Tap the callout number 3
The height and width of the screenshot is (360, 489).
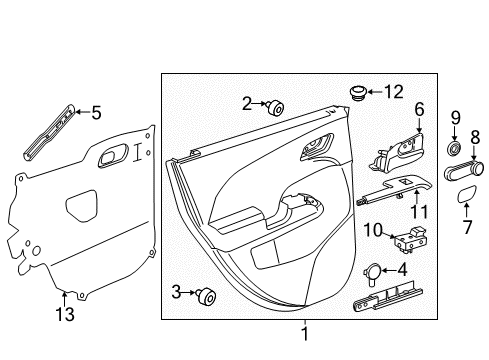point(177,291)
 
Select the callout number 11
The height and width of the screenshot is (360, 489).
point(420,211)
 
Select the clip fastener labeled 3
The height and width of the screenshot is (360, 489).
point(209,294)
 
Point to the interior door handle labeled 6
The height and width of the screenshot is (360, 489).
point(400,150)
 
